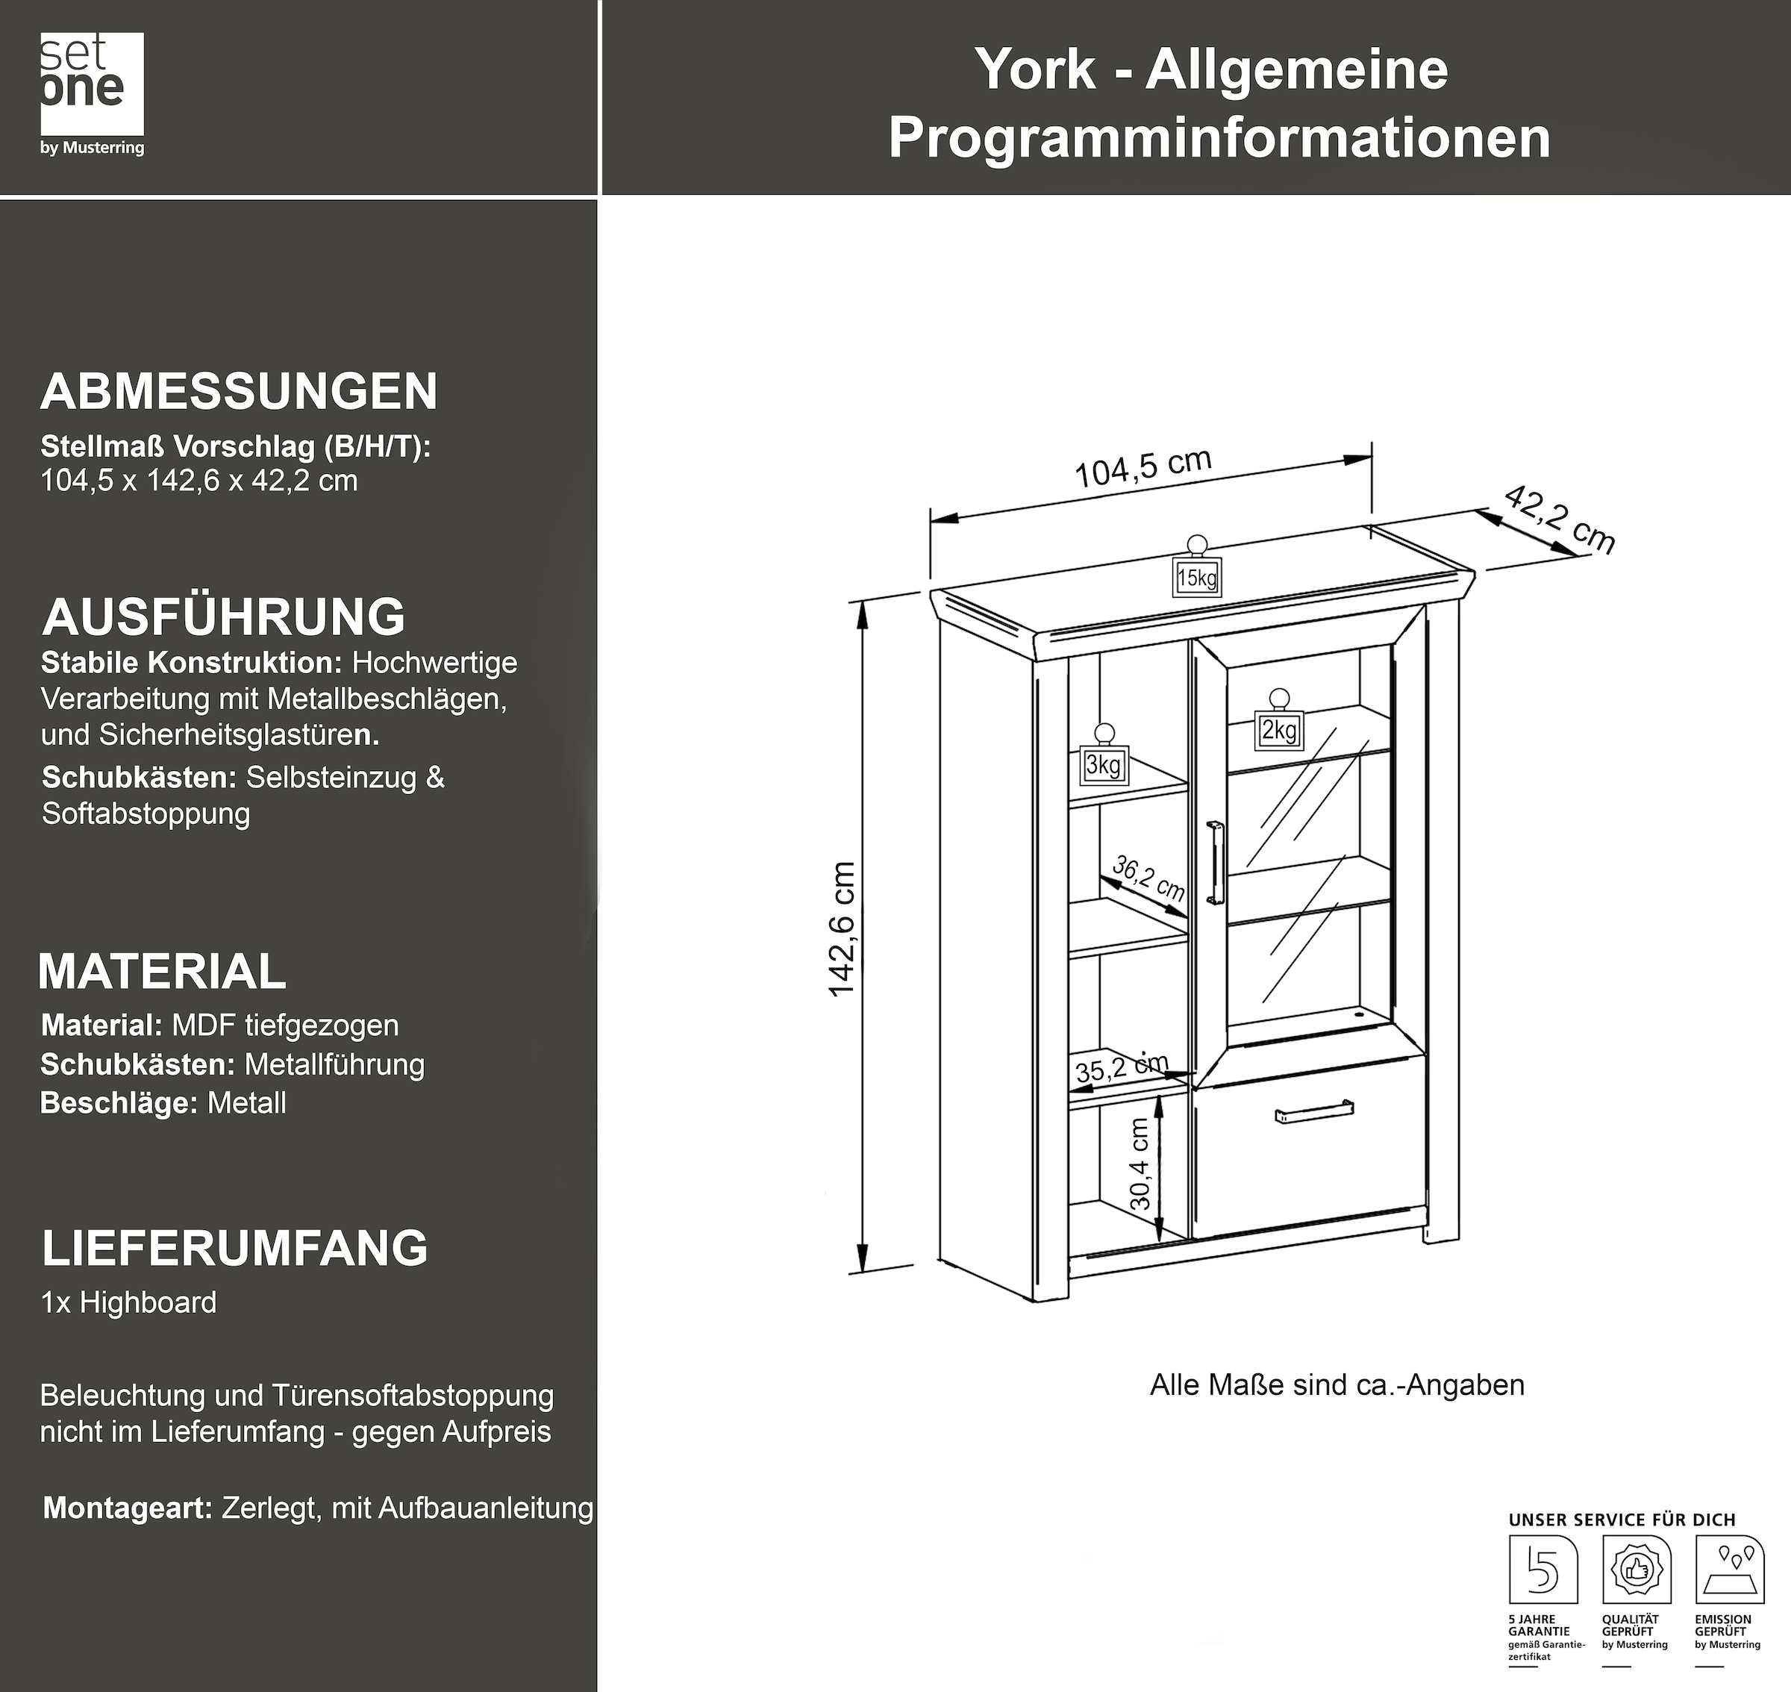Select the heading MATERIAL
pos(163,973)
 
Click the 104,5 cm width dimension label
pos(1143,468)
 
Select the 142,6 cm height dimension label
pos(841,929)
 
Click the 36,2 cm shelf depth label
pos(1148,878)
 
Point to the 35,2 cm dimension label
pos(1121,1068)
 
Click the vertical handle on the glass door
pos(1216,861)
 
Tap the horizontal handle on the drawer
pos(1314,1112)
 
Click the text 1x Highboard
pos(129,1302)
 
